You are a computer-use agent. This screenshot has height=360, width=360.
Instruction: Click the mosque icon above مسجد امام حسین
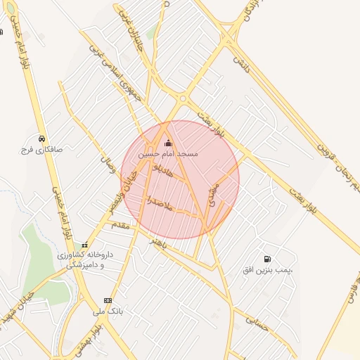pyautogui.click(x=167, y=143)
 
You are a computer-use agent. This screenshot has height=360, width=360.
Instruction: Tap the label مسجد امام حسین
pyautogui.click(x=168, y=153)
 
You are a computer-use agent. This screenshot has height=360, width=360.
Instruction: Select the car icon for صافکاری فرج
pyautogui.click(x=42, y=139)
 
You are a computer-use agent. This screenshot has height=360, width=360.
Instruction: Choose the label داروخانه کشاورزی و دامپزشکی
pyautogui.click(x=81, y=259)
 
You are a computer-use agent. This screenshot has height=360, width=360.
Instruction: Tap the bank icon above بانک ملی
pyautogui.click(x=108, y=300)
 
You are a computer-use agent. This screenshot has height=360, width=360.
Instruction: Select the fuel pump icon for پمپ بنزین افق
pyautogui.click(x=266, y=259)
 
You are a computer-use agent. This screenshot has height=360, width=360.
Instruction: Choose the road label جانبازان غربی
pyautogui.click(x=131, y=21)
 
